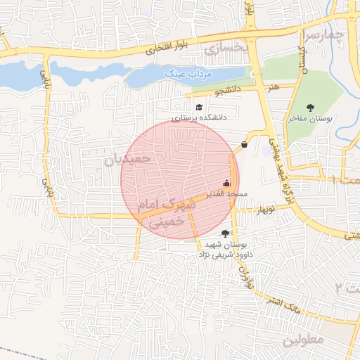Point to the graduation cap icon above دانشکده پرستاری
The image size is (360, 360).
click(200, 107)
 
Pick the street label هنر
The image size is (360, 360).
click(272, 86)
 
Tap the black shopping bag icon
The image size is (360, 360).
click(244, 144)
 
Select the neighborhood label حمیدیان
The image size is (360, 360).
click(127, 160)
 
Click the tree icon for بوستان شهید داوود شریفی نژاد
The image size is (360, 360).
click(225, 233)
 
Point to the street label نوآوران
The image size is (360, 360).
click(245, 276)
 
